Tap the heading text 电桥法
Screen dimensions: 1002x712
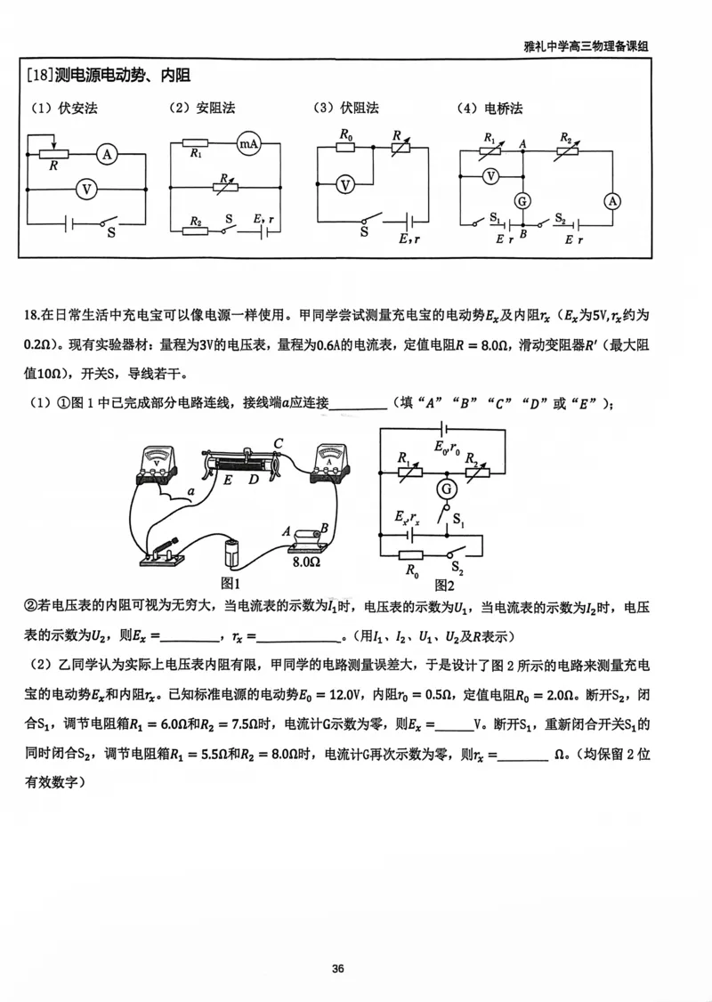(x=503, y=109)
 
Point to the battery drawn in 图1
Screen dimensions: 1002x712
(x=233, y=552)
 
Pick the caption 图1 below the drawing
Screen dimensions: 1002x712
(x=231, y=583)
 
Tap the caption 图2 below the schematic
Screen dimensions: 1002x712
(x=445, y=586)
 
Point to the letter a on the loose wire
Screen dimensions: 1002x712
(x=190, y=490)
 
